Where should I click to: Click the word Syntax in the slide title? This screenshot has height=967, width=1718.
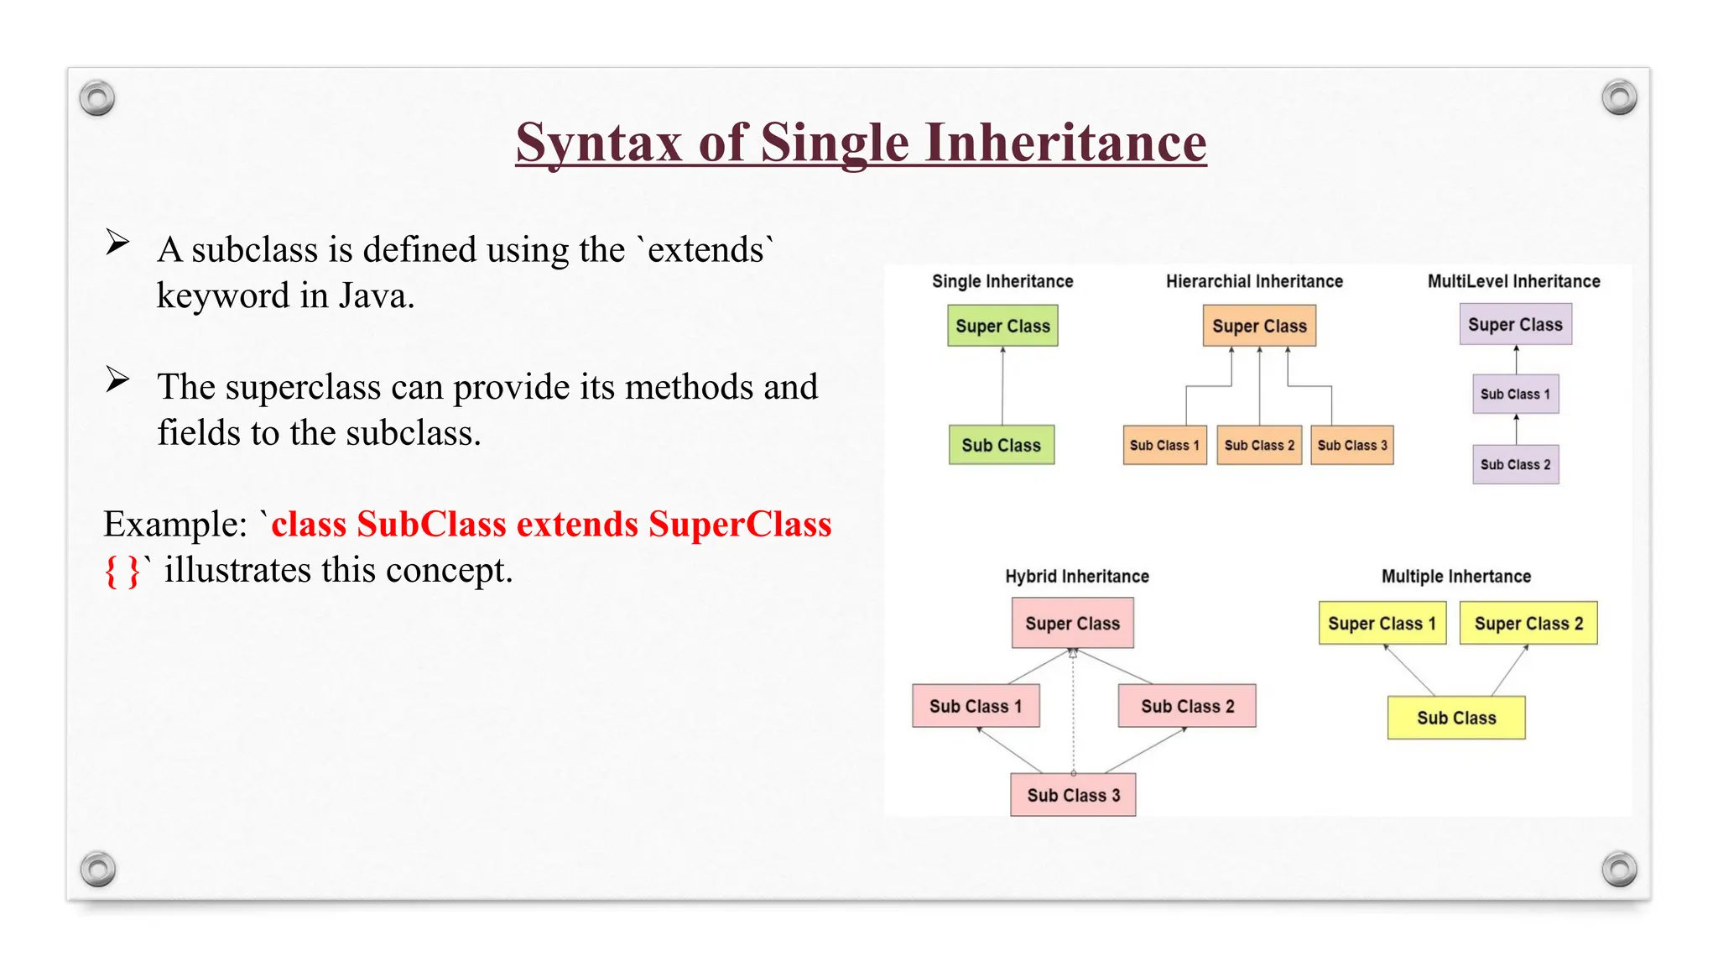(x=597, y=143)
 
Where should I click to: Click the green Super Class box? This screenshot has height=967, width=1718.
(x=1002, y=326)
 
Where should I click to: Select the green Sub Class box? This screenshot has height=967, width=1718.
(x=1001, y=445)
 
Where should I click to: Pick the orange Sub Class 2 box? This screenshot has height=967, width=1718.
(x=1258, y=445)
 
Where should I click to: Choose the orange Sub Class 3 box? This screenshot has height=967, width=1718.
(x=1351, y=445)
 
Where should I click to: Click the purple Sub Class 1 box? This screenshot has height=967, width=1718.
(x=1515, y=394)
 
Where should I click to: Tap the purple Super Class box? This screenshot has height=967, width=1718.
(x=1515, y=325)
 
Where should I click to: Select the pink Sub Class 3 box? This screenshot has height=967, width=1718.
(x=1073, y=795)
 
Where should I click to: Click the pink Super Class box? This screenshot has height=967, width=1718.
(x=1072, y=623)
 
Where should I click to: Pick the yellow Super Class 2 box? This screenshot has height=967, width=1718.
(x=1528, y=623)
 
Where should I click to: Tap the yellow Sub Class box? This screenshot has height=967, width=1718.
(x=1456, y=718)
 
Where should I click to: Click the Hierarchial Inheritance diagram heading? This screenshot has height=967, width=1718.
(x=1254, y=281)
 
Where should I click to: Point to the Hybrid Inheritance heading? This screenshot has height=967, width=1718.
(x=1077, y=576)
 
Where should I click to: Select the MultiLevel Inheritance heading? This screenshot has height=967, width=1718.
(x=1513, y=281)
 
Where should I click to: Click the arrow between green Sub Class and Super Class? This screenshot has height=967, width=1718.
(x=1002, y=386)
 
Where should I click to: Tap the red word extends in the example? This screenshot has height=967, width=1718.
(x=577, y=524)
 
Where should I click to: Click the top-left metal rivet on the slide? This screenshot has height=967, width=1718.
(x=97, y=98)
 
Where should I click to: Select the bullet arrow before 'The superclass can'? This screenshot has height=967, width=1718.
(x=117, y=380)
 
